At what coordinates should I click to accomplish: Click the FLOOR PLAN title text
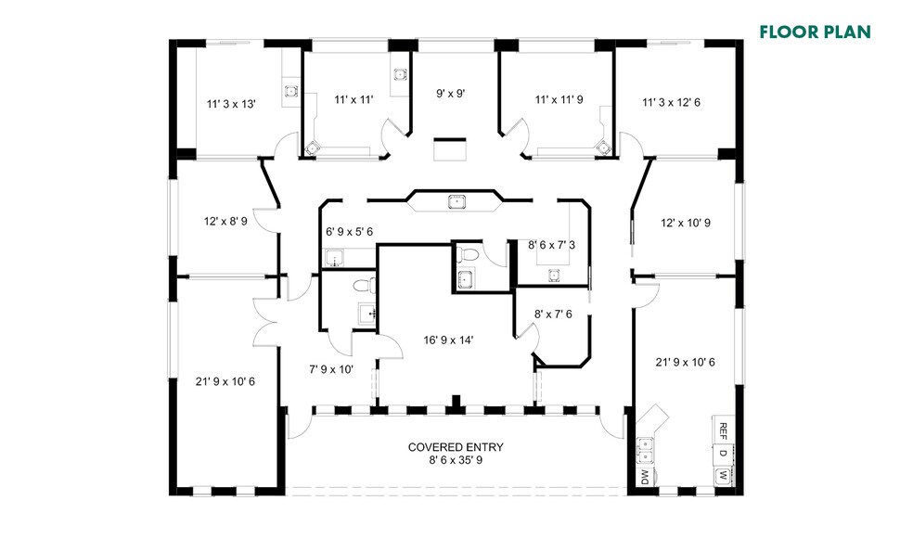pyautogui.click(x=815, y=32)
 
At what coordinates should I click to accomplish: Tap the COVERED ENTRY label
pyautogui.click(x=456, y=447)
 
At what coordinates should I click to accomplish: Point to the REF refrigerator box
pyautogui.click(x=723, y=430)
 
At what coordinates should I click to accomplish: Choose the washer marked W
pyautogui.click(x=723, y=477)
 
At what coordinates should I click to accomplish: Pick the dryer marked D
pyautogui.click(x=723, y=454)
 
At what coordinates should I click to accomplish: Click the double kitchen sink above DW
pyautogui.click(x=645, y=450)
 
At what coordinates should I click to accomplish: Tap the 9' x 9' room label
pyautogui.click(x=450, y=93)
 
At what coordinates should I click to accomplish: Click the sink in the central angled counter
pyautogui.click(x=456, y=201)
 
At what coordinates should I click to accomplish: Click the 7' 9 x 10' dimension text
pyautogui.click(x=331, y=369)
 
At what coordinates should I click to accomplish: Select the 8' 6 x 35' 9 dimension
pyautogui.click(x=456, y=459)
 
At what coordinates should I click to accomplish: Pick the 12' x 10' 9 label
pyautogui.click(x=685, y=223)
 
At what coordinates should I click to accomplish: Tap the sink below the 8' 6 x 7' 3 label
pyautogui.click(x=554, y=274)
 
